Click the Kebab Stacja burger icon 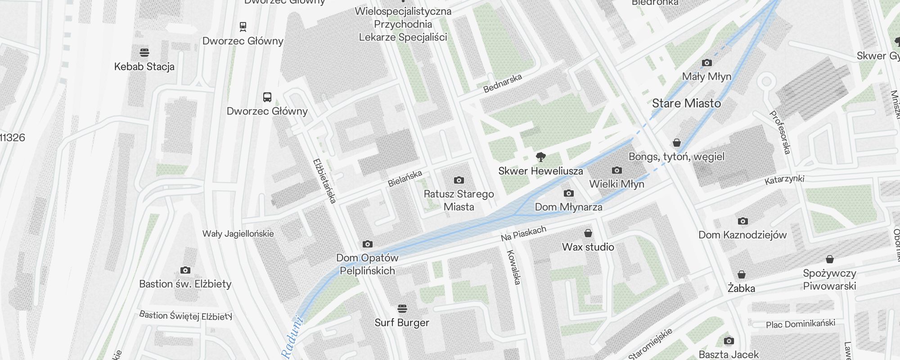click(144, 52)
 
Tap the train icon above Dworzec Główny click(243, 27)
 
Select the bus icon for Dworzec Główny click(267, 97)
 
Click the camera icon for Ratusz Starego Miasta click(459, 180)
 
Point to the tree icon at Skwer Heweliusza click(541, 157)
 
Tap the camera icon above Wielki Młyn click(617, 170)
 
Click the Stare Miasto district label click(686, 103)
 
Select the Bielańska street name click(405, 178)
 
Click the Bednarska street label click(503, 83)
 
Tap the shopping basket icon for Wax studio click(588, 233)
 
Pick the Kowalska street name click(513, 267)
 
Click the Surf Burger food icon click(402, 308)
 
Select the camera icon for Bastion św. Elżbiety click(185, 270)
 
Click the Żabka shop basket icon click(741, 274)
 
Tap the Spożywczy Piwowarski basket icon click(830, 259)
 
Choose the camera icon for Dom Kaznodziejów click(742, 221)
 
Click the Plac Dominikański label click(800, 324)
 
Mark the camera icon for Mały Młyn click(707, 63)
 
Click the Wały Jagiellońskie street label click(238, 234)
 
